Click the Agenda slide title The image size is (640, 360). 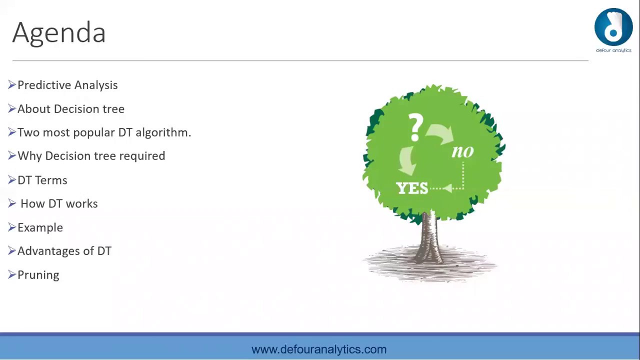pos(59,33)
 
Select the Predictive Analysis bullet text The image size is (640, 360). pos(67,85)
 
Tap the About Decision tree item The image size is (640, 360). pos(71,109)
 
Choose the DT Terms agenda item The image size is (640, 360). pos(42,180)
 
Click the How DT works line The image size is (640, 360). pos(59,203)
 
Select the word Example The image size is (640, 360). pos(40,227)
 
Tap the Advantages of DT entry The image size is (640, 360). pos(64,251)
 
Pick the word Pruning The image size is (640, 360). pos(38,275)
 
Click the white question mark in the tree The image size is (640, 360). pos(416,126)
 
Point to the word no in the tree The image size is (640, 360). pos(462,151)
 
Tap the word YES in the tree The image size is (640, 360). pos(412,188)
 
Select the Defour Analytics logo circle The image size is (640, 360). pos(613,27)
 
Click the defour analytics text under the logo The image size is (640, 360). pos(613,50)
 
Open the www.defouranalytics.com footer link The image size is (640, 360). pos(319,349)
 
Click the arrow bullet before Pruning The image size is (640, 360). pos(12,274)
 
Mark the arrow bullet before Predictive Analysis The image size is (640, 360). pos(12,85)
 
